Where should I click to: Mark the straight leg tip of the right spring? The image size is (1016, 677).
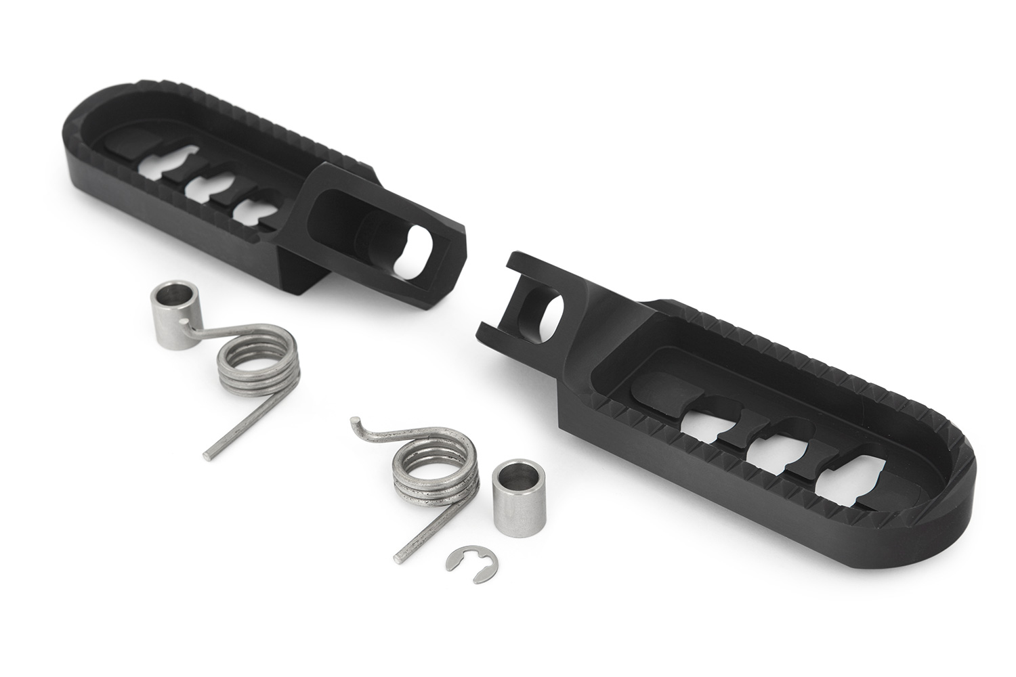397,559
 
